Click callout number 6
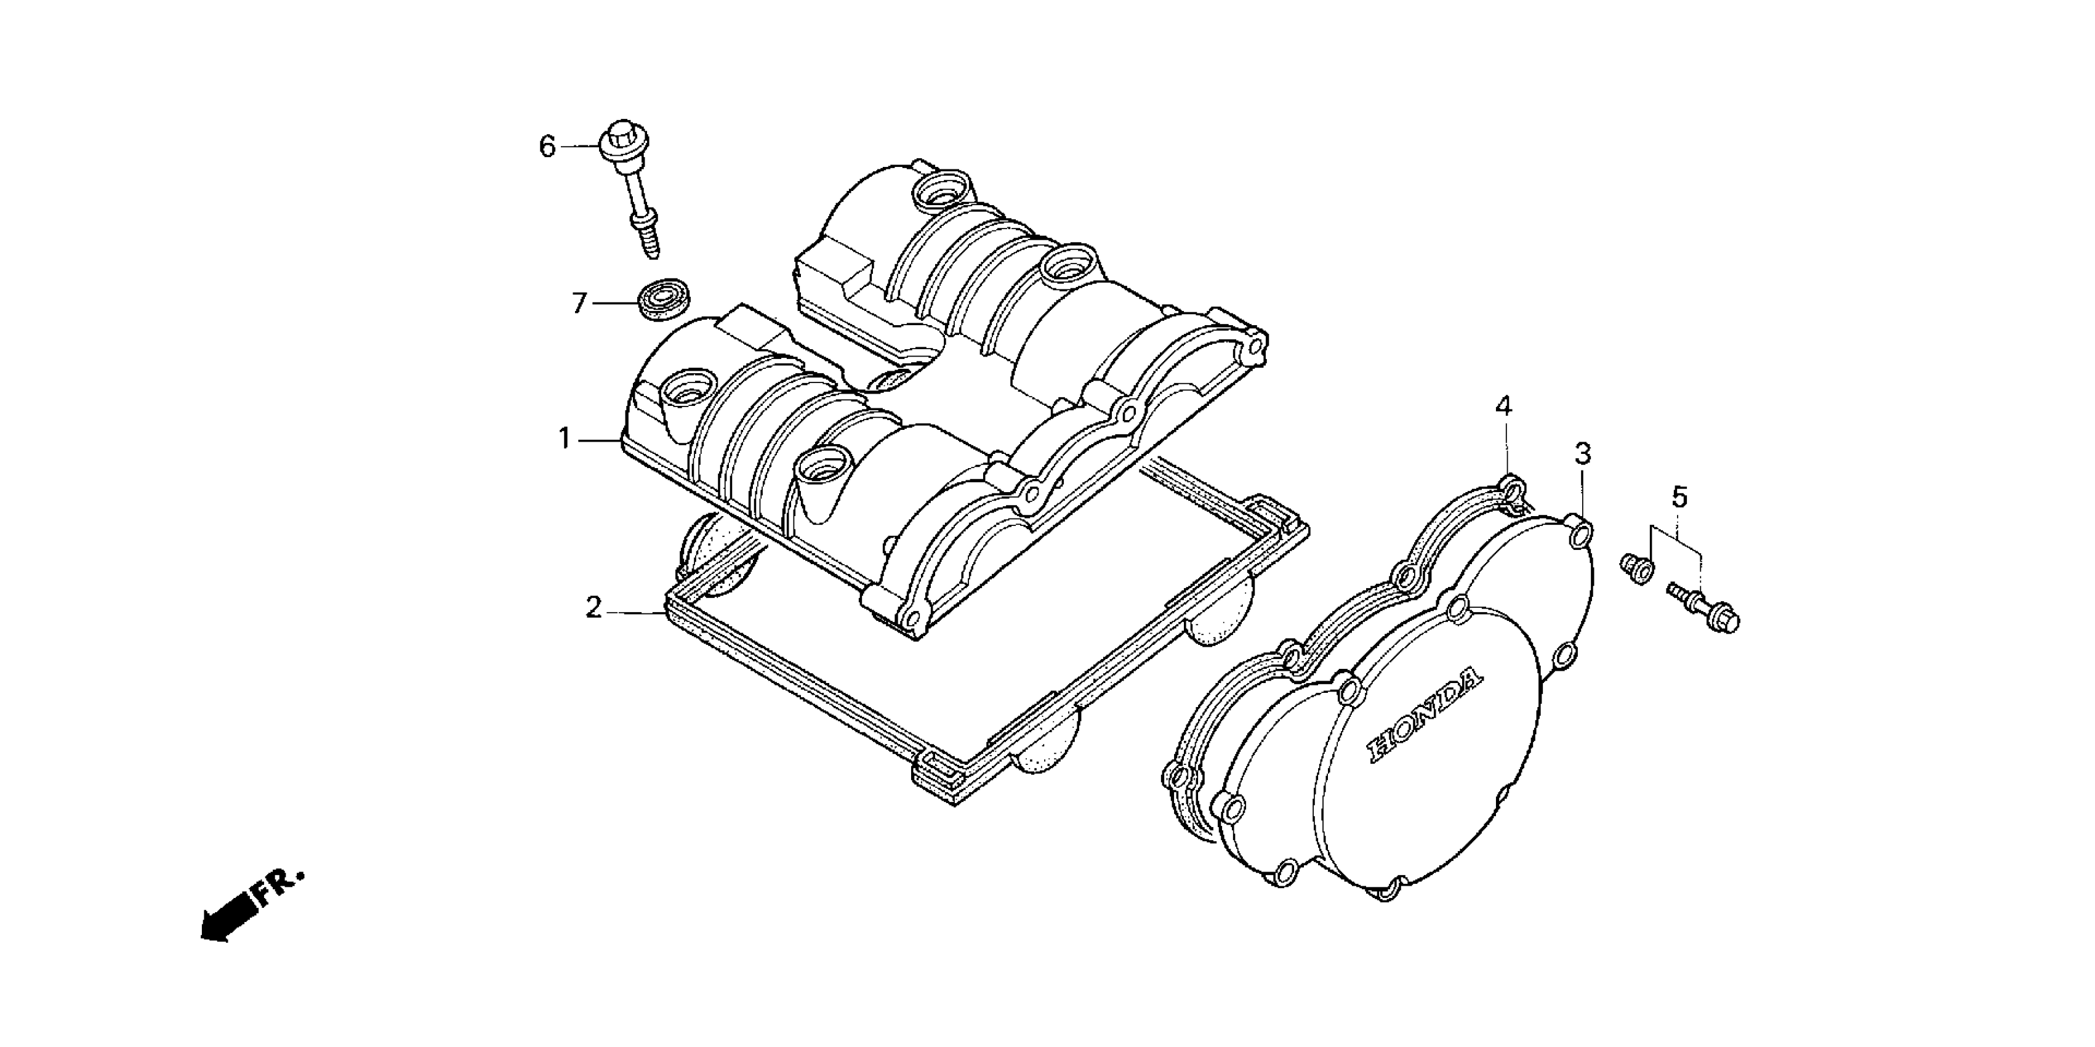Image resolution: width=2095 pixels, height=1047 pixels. [547, 147]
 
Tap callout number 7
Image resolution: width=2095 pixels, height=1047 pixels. [579, 304]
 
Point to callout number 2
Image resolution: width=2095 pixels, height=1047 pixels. [595, 608]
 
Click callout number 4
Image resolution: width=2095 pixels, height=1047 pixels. [1504, 406]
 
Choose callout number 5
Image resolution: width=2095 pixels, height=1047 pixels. [1679, 496]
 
